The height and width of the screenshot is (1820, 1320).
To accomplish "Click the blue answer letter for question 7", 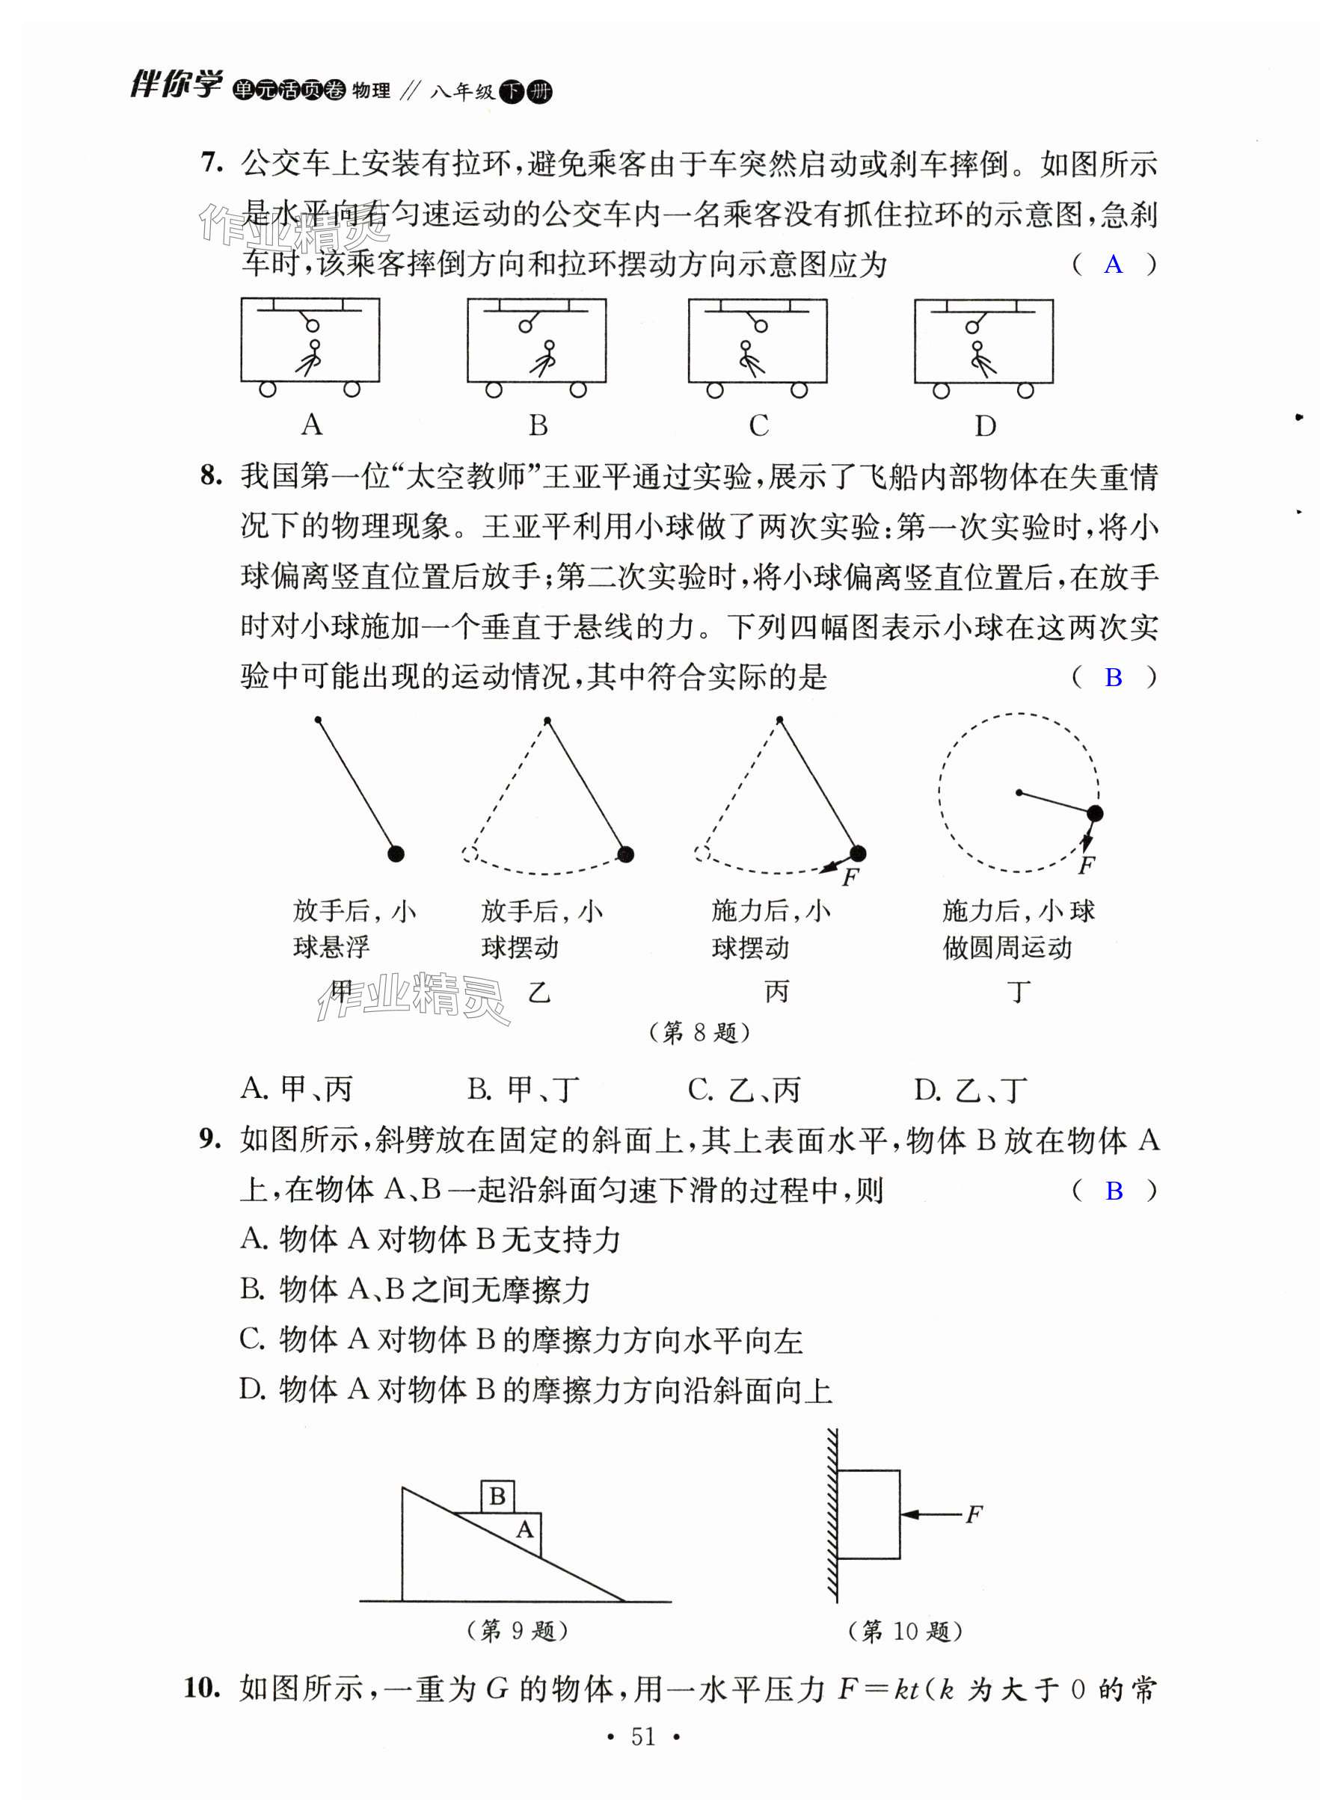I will pyautogui.click(x=1112, y=264).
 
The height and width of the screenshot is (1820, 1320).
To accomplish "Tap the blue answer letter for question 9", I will pyautogui.click(x=1113, y=1191).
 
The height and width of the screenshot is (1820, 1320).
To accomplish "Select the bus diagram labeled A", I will pyautogui.click(x=310, y=346).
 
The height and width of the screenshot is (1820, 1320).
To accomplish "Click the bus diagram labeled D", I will pyautogui.click(x=983, y=346).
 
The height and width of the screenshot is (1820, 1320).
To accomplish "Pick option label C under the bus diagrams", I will pyautogui.click(x=758, y=425).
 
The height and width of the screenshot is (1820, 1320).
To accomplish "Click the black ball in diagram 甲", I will pyautogui.click(x=395, y=854).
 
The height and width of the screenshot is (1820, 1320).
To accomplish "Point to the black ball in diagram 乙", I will pyautogui.click(x=625, y=854).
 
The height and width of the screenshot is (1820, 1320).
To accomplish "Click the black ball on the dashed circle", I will pyautogui.click(x=1094, y=814).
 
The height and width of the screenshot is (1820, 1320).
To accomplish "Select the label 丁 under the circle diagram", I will pyautogui.click(x=1018, y=992).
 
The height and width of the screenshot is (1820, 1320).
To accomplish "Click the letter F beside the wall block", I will pyautogui.click(x=973, y=1514).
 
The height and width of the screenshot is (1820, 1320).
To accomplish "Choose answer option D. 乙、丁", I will pyautogui.click(x=970, y=1090).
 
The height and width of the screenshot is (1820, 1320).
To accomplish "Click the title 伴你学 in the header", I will pyautogui.click(x=175, y=84).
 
